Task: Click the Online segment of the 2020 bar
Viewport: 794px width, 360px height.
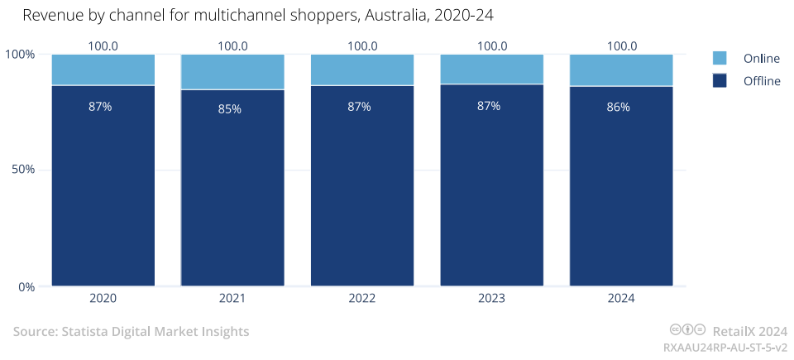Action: point(103,70)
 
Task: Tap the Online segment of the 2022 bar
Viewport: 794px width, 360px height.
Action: point(362,70)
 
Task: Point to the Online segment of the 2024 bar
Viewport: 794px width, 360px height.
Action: point(621,70)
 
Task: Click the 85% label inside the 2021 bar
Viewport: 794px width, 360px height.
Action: point(230,108)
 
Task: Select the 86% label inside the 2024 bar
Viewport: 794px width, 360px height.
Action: point(618,107)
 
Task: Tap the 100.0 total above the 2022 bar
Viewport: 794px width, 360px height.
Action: point(362,46)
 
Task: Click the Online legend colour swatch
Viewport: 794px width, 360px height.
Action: point(720,58)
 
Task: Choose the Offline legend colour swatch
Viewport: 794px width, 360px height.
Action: point(720,80)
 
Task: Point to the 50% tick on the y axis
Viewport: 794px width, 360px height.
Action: point(22,170)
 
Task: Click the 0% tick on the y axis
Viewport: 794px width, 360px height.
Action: point(26,287)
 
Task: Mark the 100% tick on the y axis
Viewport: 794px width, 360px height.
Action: point(20,54)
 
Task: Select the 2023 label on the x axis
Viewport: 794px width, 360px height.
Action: point(491,298)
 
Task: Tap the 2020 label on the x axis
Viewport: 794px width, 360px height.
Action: point(103,298)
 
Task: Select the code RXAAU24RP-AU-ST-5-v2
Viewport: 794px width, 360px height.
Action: point(725,348)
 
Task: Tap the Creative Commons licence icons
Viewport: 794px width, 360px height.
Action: point(687,330)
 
